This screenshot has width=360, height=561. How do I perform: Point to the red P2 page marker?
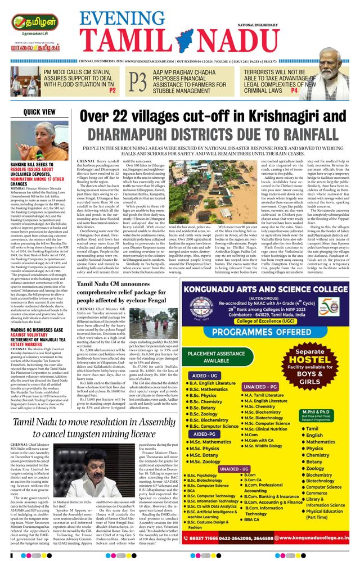click(112, 90)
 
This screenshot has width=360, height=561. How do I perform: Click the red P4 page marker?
click(294, 90)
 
